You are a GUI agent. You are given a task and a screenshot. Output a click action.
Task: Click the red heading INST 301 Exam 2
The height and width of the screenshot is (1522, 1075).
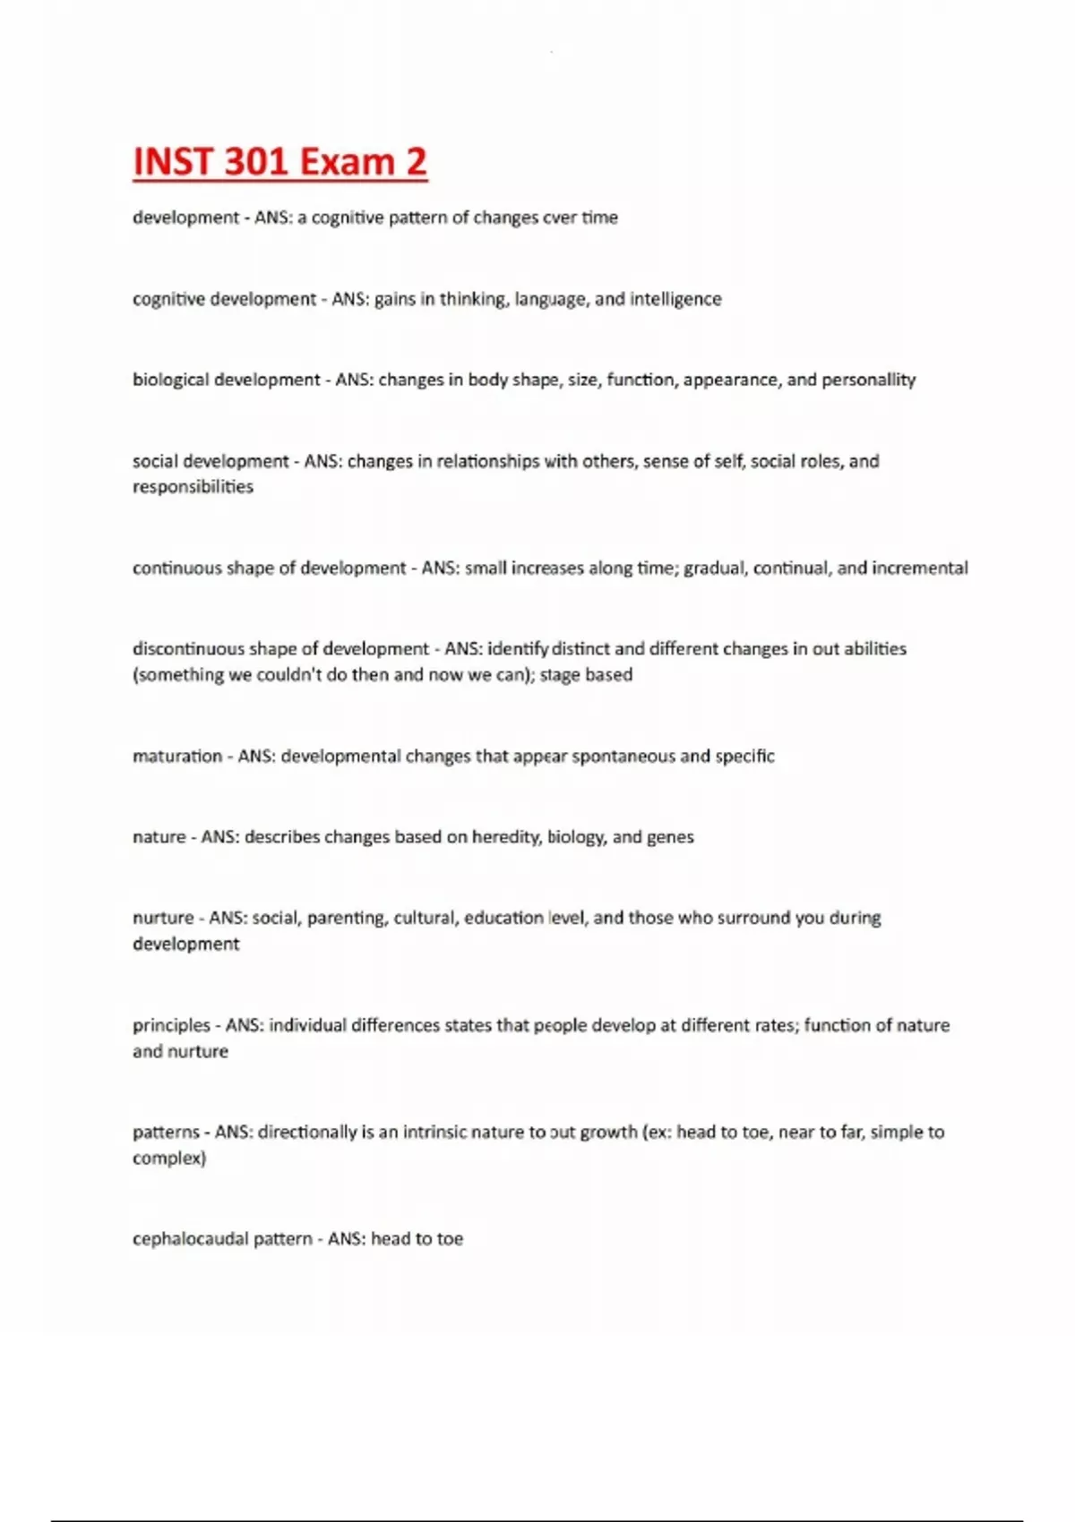279,162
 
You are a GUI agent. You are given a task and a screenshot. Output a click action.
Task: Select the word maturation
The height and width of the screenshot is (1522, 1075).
176,757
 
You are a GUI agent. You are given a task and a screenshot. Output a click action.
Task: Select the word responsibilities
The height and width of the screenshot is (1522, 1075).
193,487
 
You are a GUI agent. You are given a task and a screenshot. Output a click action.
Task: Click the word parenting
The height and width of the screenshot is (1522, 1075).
346,919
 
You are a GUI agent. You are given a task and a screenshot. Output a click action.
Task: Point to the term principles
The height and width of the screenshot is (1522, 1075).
171,1026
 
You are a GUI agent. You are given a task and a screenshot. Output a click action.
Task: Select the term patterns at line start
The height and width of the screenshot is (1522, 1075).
166,1133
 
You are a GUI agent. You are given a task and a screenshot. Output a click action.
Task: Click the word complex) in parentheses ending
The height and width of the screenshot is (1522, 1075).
169,1159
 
